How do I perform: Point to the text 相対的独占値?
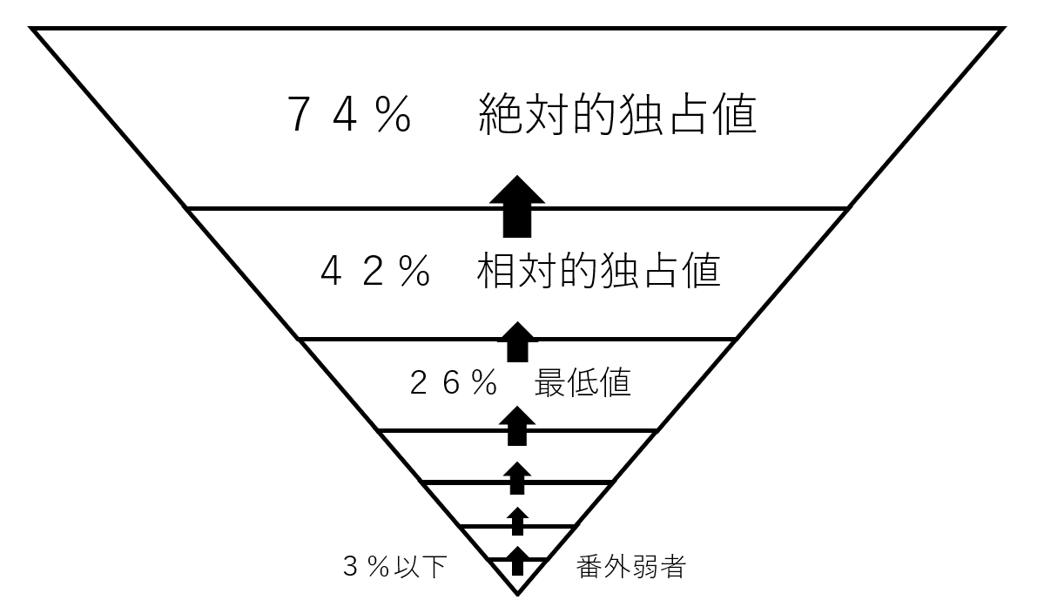pos(599,272)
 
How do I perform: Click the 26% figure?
pos(452,383)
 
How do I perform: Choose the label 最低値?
pos(583,383)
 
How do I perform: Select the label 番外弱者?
pos(631,568)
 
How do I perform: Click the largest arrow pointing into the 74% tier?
pos(517,206)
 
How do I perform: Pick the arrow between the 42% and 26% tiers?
pos(517,341)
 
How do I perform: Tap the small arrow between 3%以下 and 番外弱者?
pos(518,561)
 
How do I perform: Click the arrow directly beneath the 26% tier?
pos(518,426)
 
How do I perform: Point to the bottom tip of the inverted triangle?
pos(518,594)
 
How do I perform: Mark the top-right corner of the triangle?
pos(1003,29)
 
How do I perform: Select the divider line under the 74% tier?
pos(348,208)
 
